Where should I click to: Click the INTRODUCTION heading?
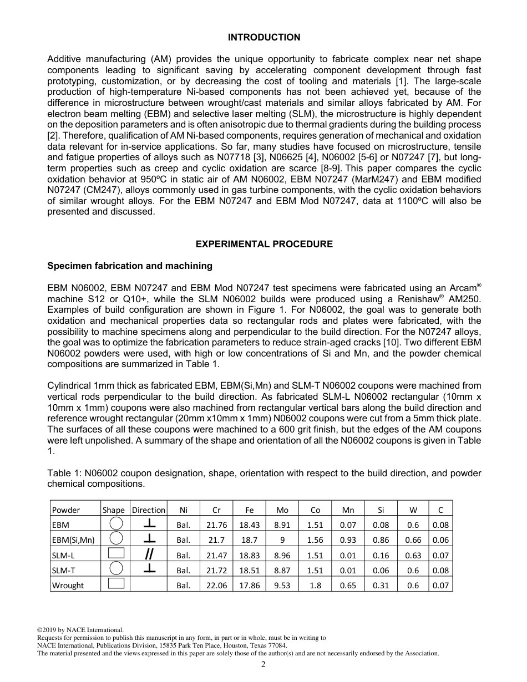[x=264, y=37]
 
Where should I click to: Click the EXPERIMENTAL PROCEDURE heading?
[x=264, y=244]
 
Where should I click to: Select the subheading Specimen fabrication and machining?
[x=130, y=266]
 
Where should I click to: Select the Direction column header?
[x=148, y=510]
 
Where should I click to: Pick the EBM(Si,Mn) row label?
[x=73, y=540]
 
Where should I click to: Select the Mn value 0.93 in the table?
[x=348, y=540]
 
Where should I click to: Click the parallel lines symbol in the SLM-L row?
[x=149, y=554]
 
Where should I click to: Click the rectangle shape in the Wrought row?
[x=115, y=583]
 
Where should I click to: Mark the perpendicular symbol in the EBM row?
[x=149, y=523]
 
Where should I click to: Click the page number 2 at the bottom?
[x=263, y=665]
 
